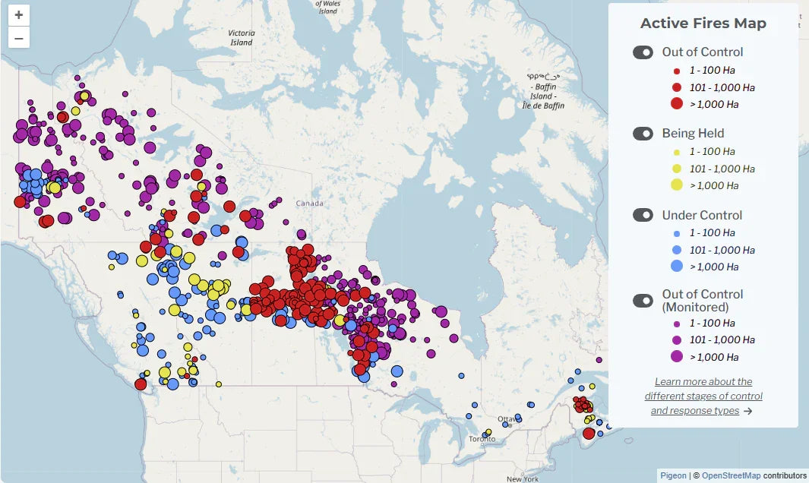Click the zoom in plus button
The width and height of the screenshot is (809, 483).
(x=18, y=15)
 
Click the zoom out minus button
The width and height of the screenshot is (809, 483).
(x=18, y=37)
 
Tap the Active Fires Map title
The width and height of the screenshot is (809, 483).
(x=703, y=24)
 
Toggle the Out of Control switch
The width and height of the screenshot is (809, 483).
(x=643, y=52)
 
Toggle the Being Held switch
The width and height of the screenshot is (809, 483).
(x=643, y=134)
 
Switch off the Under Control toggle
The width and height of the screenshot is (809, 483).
(x=643, y=215)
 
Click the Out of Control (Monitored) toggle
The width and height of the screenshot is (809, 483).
(x=643, y=300)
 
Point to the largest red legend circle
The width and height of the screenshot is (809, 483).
(x=677, y=104)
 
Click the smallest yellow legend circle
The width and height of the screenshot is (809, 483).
(x=677, y=152)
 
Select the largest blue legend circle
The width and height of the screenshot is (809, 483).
(x=677, y=266)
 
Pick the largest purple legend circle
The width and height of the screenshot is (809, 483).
(x=677, y=356)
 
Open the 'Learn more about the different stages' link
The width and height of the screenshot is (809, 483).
(x=703, y=396)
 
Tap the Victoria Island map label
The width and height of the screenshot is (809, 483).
(x=241, y=37)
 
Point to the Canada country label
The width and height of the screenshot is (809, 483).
(x=309, y=204)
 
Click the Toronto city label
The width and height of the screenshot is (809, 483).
(x=482, y=440)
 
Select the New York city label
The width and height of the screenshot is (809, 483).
(x=523, y=478)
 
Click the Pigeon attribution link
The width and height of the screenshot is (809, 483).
(x=672, y=475)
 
